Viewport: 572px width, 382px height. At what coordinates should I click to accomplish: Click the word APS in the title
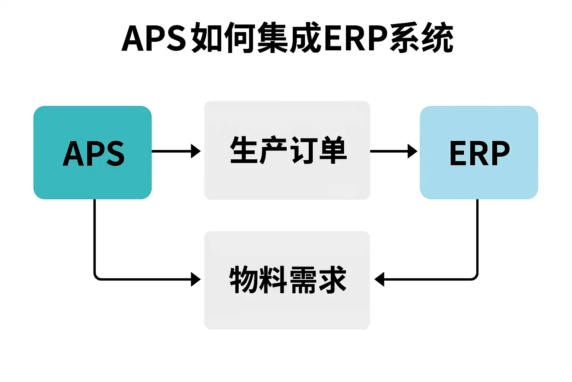pyautogui.click(x=154, y=38)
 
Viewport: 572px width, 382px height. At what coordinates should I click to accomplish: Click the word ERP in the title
pyautogui.click(x=356, y=38)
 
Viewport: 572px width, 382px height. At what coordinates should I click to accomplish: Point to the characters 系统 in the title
pyautogui.click(x=421, y=38)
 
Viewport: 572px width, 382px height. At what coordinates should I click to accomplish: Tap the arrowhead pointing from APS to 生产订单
pyautogui.click(x=196, y=151)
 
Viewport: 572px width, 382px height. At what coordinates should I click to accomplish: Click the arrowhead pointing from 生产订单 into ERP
pyautogui.click(x=413, y=151)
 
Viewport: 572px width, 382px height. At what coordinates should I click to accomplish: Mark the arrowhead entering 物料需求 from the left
pyautogui.click(x=196, y=279)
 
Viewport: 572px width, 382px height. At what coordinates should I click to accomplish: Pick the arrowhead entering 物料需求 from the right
pyautogui.click(x=379, y=279)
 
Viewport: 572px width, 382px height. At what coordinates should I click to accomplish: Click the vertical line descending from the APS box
pyautogui.click(x=95, y=235)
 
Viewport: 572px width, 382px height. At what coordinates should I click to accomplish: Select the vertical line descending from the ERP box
pyautogui.click(x=477, y=235)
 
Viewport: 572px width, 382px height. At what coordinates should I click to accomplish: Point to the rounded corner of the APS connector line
pyautogui.click(x=96, y=277)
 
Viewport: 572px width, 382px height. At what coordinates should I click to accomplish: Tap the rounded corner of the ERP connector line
pyautogui.click(x=475, y=277)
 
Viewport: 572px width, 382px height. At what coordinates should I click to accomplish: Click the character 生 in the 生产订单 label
pyautogui.click(x=244, y=150)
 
